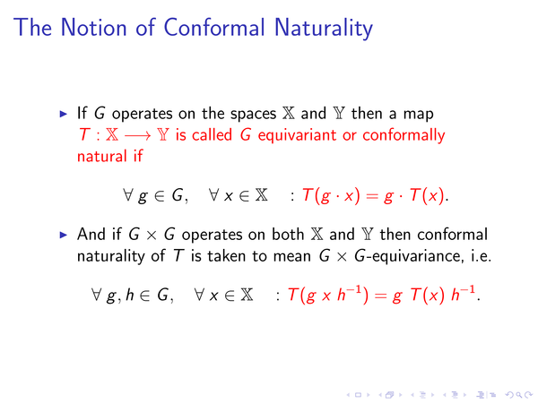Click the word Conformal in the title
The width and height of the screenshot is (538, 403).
pos(214,28)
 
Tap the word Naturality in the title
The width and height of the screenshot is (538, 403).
pos(324,29)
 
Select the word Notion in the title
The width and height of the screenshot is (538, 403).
pos(93,28)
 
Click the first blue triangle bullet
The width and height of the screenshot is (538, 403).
pos(64,114)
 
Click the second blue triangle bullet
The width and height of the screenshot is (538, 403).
pos(64,235)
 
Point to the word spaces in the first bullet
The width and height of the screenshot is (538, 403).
pos(253,115)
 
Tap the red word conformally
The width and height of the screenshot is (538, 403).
pos(403,136)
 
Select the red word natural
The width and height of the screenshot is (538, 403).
pos(102,156)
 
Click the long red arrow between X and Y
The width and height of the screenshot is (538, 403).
pos(137,136)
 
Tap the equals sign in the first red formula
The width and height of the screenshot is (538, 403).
pos(372,196)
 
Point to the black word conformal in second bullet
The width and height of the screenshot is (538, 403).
pos(452,235)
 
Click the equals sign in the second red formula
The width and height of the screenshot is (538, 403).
pos(380,296)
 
